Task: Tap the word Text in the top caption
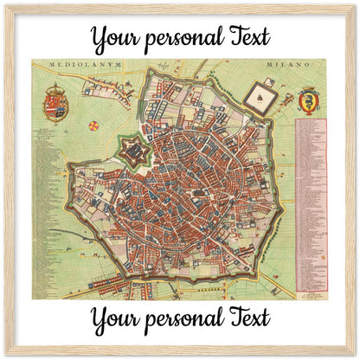[245, 36]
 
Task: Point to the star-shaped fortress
[134, 154]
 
